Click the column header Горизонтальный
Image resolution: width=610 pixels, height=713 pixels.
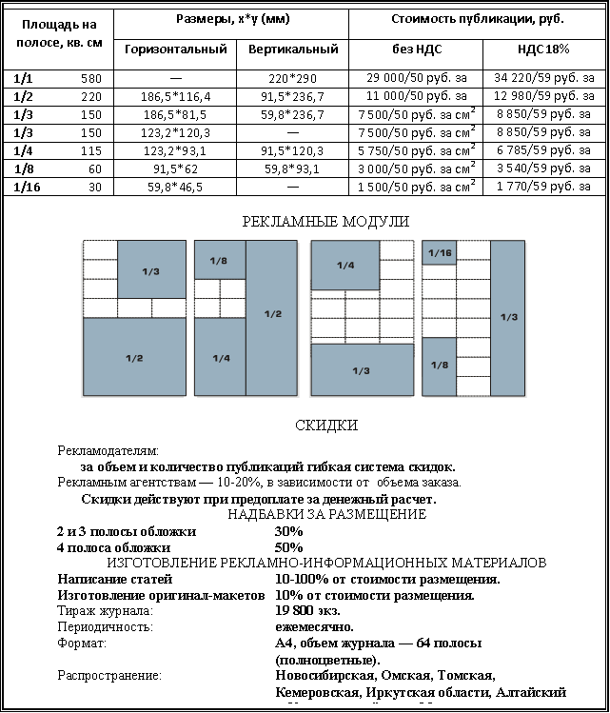coord(175,49)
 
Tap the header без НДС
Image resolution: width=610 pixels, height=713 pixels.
coord(415,49)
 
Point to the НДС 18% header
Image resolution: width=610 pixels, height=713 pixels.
coord(544,49)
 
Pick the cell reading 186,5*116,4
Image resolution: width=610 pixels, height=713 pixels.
coord(175,95)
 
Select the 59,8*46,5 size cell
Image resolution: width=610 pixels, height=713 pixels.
coord(175,187)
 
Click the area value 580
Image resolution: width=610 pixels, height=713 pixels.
coord(91,77)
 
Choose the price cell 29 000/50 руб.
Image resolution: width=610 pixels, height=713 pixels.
coord(415,77)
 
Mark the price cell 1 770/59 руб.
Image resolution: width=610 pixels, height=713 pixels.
coord(544,187)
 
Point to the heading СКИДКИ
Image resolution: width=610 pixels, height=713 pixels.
coord(326,426)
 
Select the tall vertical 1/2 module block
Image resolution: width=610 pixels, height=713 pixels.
coord(272,314)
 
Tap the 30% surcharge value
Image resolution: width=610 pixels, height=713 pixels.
coord(288,531)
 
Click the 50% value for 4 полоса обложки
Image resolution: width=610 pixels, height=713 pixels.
coord(288,547)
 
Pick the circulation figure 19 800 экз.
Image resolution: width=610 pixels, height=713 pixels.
coord(307,611)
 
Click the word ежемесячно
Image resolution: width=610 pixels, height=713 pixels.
coord(314,627)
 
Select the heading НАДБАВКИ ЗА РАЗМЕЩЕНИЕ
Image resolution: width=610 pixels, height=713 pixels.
coord(327,515)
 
